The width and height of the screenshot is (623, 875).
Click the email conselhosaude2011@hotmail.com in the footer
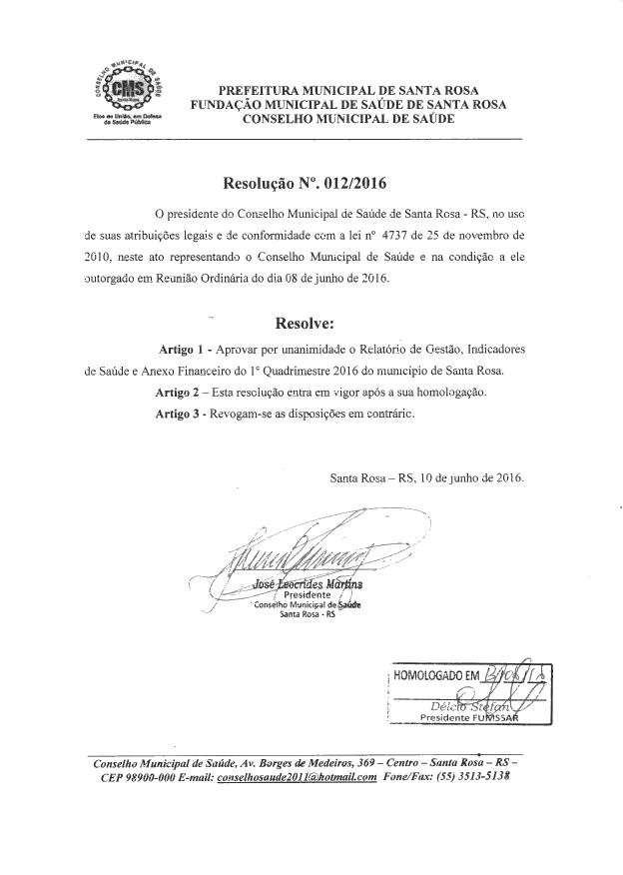[x=297, y=776]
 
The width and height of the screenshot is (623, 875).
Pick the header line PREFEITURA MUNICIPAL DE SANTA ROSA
[x=340, y=89]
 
